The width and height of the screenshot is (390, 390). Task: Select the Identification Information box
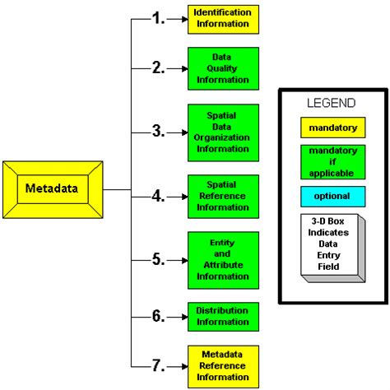tap(223, 18)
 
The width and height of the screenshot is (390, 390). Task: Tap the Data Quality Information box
tap(223, 68)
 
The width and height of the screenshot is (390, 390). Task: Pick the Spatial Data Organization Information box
tap(223, 132)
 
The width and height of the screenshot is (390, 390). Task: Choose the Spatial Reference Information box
tap(223, 196)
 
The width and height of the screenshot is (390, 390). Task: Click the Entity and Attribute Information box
tap(223, 260)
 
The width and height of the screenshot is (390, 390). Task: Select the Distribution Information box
tap(223, 316)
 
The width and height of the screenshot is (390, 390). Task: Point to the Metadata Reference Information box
tap(223, 365)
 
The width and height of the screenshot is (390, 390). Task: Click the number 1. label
tap(158, 18)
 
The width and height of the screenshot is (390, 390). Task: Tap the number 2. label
tap(158, 68)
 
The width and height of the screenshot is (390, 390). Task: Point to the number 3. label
tap(158, 132)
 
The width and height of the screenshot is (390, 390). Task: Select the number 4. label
tap(158, 196)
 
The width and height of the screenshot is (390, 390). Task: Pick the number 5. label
tap(158, 260)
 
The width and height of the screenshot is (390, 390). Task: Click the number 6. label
tap(158, 316)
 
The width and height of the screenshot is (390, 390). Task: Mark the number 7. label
tap(158, 365)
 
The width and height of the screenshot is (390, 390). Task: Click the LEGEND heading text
tap(331, 104)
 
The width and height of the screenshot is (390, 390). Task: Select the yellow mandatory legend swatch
tap(331, 128)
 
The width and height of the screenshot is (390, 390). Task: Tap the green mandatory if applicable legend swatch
tap(331, 162)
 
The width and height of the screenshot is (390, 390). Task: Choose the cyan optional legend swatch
tap(331, 197)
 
